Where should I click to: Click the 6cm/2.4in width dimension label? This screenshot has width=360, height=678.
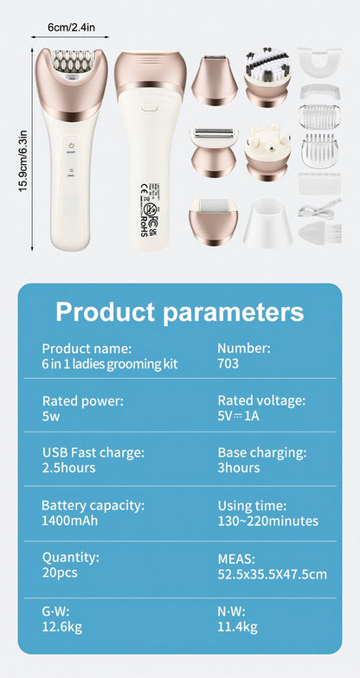77,30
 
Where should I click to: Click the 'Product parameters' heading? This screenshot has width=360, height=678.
179,311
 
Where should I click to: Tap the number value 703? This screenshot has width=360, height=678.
228,364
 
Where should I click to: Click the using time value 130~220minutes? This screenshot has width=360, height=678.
267,521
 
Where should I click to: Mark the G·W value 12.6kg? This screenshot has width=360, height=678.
61,627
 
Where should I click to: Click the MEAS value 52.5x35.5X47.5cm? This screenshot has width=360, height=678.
272,574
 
